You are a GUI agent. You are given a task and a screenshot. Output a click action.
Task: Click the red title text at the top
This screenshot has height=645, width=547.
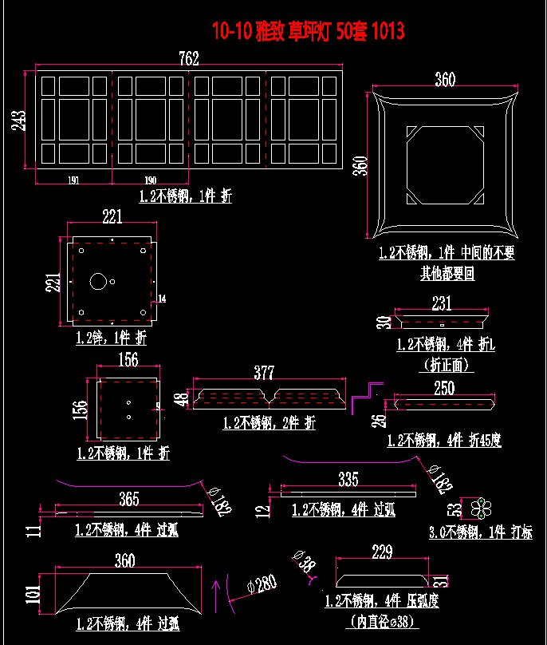click(308, 31)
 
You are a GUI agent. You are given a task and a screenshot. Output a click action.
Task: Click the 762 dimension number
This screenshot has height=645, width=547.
click(189, 58)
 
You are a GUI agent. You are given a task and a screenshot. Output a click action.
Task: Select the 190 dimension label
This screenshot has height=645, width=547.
click(150, 180)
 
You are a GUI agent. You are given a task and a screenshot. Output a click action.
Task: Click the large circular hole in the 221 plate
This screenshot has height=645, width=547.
click(98, 281)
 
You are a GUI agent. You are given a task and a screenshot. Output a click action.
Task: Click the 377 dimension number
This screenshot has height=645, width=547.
click(264, 373)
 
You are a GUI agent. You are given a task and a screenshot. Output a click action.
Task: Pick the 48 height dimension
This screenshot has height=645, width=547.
click(181, 398)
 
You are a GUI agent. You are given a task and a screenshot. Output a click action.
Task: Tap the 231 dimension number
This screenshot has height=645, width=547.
click(441, 303)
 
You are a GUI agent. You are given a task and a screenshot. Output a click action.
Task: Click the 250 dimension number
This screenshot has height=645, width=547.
click(444, 388)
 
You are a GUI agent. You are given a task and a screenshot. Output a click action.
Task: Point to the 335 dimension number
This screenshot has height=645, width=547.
click(348, 479)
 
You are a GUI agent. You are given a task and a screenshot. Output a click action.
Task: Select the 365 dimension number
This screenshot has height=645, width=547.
click(128, 499)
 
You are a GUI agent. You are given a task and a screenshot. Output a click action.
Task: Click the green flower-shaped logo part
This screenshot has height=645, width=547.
click(482, 507)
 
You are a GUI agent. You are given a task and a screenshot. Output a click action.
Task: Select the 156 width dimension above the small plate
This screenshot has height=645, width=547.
click(128, 359)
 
